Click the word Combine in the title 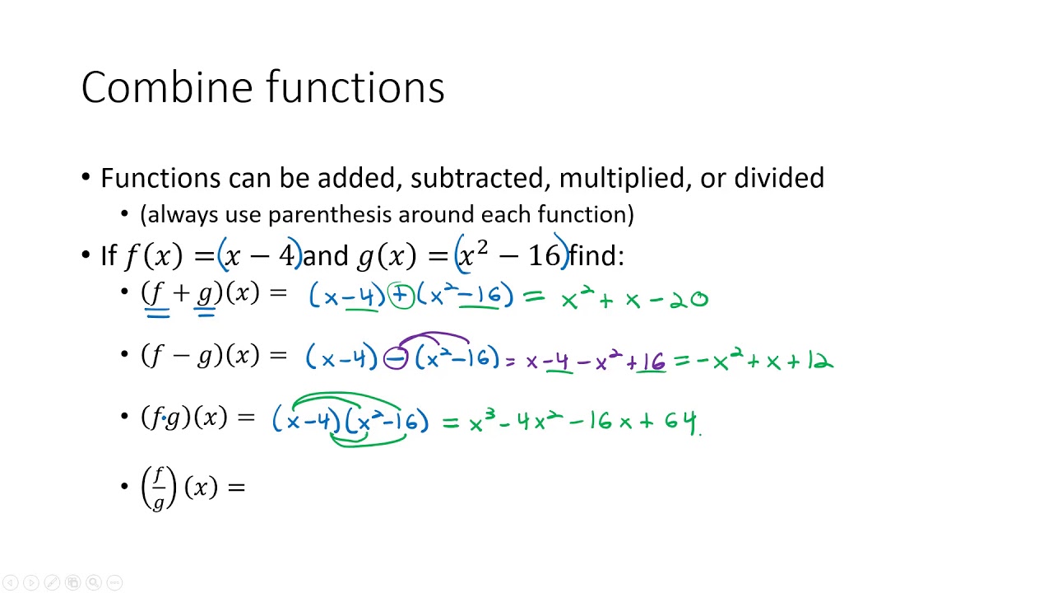(167, 87)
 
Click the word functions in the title (355, 86)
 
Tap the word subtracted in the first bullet (477, 178)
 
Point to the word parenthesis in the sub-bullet (330, 215)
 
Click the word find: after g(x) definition (596, 255)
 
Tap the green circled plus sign (400, 296)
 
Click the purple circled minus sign (396, 359)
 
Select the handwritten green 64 (682, 420)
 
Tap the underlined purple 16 (652, 362)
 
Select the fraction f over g (159, 488)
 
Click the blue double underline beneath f (158, 313)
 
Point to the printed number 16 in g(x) (545, 255)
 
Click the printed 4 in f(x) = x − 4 (286, 255)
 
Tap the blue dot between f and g (164, 418)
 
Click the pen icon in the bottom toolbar (52, 582)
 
